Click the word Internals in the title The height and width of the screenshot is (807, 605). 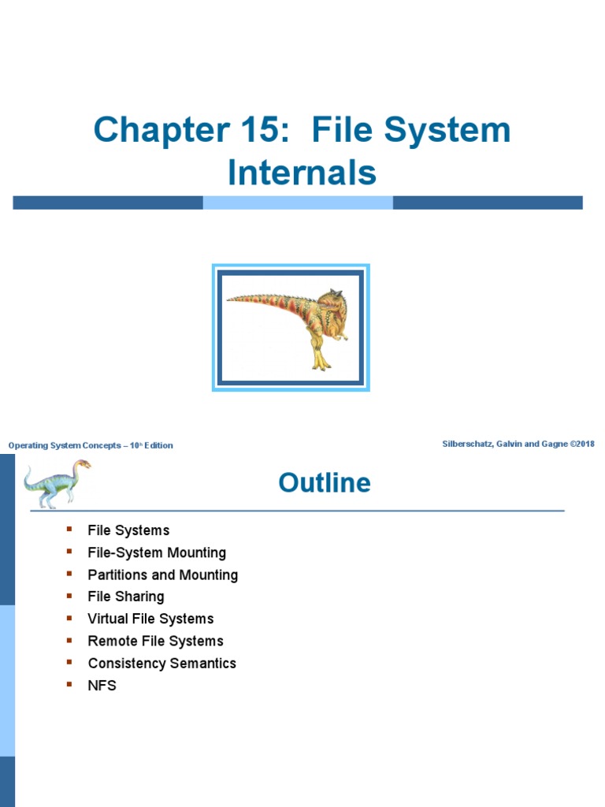pyautogui.click(x=302, y=173)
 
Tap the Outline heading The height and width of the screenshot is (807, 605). pyautogui.click(x=324, y=482)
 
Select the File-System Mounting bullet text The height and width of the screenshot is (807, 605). pyautogui.click(x=157, y=553)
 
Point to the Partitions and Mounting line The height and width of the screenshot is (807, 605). pyautogui.click(x=162, y=575)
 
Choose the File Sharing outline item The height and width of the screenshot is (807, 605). pyautogui.click(x=126, y=597)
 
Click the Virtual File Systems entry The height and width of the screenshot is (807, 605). pyautogui.click(x=150, y=619)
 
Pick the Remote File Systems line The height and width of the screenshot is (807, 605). pyautogui.click(x=155, y=642)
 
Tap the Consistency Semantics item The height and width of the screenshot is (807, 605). pyautogui.click(x=161, y=664)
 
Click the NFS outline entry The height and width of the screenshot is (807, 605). pyautogui.click(x=102, y=686)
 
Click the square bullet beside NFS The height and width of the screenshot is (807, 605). pyautogui.click(x=70, y=684)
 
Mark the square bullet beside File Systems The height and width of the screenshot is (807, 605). pyautogui.click(x=70, y=530)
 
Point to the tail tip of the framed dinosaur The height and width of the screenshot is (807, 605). pyautogui.click(x=230, y=299)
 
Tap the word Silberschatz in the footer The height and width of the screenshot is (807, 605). pyautogui.click(x=470, y=444)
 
